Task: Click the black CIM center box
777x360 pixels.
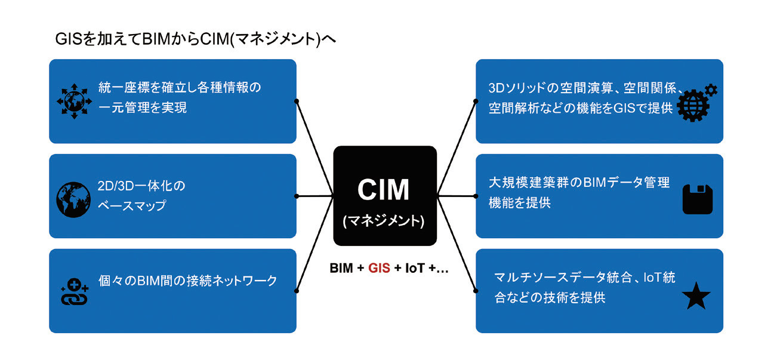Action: [385, 196]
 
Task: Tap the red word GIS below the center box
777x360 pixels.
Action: [379, 268]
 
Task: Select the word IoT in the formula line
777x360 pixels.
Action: [415, 268]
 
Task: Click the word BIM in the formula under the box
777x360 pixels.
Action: [341, 268]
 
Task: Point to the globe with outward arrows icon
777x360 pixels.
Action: [74, 101]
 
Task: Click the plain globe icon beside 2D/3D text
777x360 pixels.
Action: [73, 199]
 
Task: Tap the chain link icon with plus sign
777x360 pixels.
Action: [75, 292]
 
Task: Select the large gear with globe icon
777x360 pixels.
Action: [693, 106]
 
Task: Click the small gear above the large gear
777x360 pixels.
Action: [711, 90]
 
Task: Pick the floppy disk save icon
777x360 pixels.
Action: [698, 199]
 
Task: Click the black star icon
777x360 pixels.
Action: [696, 296]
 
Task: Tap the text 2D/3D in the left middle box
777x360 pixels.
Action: [116, 186]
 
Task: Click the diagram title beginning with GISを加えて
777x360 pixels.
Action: [196, 39]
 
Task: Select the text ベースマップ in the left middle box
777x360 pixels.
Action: [132, 205]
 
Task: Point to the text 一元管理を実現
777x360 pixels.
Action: [143, 107]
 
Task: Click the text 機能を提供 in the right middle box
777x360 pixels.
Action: [520, 202]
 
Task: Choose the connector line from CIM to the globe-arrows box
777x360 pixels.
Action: [314, 149]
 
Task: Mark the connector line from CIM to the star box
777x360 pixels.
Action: [457, 244]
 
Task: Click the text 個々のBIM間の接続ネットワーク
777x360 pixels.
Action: [187, 281]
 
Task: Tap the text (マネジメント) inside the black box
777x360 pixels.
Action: [384, 221]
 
